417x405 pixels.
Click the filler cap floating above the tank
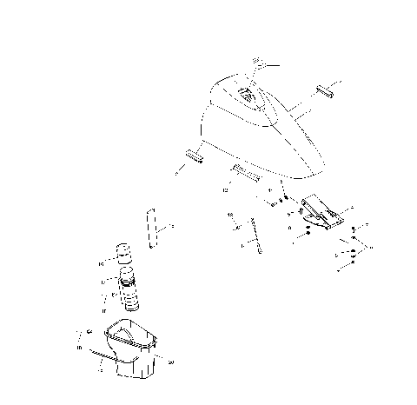point(257,63)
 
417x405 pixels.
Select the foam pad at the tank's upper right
point(328,90)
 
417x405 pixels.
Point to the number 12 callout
point(225,188)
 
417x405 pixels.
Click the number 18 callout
point(230,213)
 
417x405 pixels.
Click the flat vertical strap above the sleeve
point(152,229)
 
